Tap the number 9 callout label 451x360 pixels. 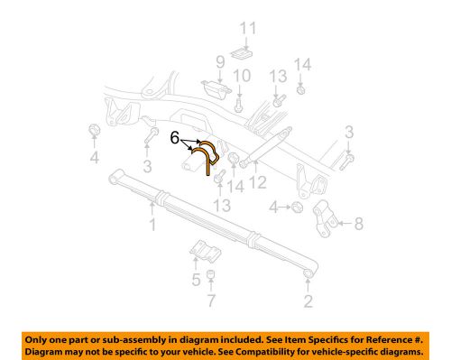[x=218, y=61]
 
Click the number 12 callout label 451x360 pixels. [x=260, y=183]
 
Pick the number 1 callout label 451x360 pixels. [x=152, y=223]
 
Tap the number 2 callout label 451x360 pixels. [x=309, y=301]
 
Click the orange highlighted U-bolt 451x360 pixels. [x=207, y=155]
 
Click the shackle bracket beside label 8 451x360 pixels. [x=328, y=219]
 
